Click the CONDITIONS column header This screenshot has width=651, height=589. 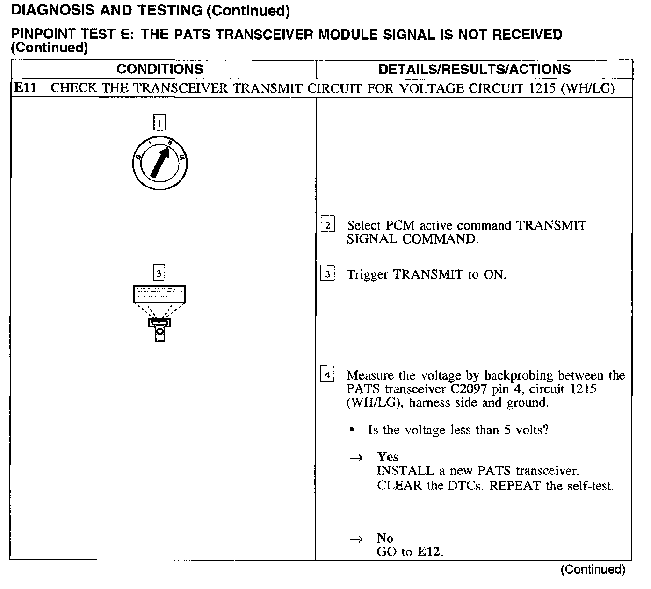click(x=159, y=69)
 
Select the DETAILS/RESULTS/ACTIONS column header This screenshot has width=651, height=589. click(x=474, y=70)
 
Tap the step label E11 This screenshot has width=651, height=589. click(x=25, y=88)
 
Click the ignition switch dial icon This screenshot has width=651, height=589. click(x=159, y=163)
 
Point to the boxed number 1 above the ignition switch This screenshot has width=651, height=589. click(x=159, y=123)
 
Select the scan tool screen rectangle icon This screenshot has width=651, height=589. click(x=159, y=294)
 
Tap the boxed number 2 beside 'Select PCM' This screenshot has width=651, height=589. click(x=328, y=225)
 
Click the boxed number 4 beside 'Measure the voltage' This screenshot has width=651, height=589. click(x=327, y=375)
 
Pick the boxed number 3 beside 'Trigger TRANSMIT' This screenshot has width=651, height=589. click(x=327, y=274)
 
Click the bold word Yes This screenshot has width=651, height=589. click(x=388, y=457)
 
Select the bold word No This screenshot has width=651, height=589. click(x=385, y=538)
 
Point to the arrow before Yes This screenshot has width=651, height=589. click(x=356, y=458)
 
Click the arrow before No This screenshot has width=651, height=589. click(x=356, y=539)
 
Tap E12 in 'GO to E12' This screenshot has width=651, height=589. click(x=429, y=552)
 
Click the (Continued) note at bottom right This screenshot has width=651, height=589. click(x=593, y=569)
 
